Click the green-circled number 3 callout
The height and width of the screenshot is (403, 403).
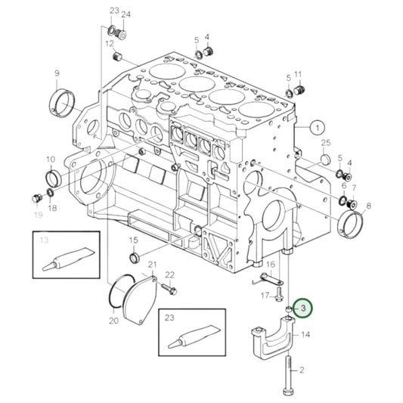pos(302,308)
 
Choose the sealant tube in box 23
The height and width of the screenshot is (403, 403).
pos(191,333)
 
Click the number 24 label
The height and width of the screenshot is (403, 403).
pos(126,14)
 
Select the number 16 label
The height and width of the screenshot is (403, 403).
pos(269,264)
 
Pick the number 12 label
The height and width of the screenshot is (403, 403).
pos(110,44)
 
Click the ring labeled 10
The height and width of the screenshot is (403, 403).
pos(52,178)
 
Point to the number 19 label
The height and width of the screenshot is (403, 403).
pos(38,215)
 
